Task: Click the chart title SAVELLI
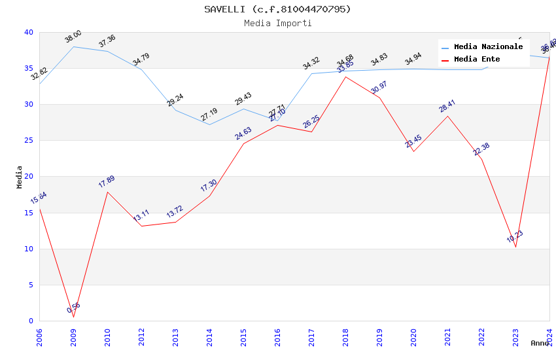pyautogui.click(x=277, y=9)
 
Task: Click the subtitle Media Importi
pyautogui.click(x=277, y=23)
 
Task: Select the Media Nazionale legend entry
pyautogui.click(x=488, y=47)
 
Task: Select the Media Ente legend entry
pyautogui.click(x=477, y=60)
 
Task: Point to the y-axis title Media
pyautogui.click(x=20, y=177)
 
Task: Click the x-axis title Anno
pyautogui.click(x=540, y=343)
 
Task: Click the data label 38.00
pyautogui.click(x=73, y=37)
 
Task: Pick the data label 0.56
pyautogui.click(x=73, y=308)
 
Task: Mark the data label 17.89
pyautogui.click(x=107, y=182)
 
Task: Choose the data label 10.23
pyautogui.click(x=515, y=237)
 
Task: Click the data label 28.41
pyautogui.click(x=447, y=106)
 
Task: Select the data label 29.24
pyautogui.click(x=175, y=100)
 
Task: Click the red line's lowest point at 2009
pyautogui.click(x=73, y=317)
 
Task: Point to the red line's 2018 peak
pyautogui.click(x=345, y=77)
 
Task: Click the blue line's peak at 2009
pyautogui.click(x=73, y=46)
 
